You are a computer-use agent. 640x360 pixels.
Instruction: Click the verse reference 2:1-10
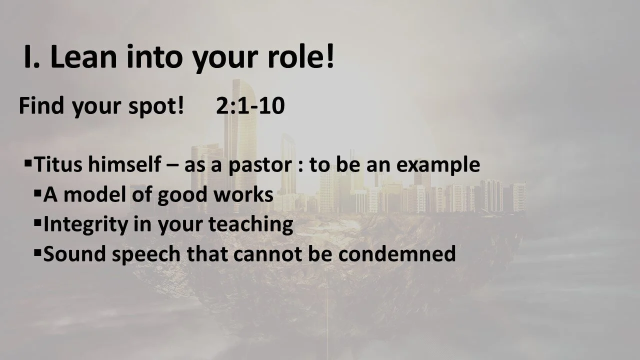pyautogui.click(x=250, y=106)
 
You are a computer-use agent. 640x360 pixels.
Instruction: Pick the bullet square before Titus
pyautogui.click(x=28, y=162)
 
